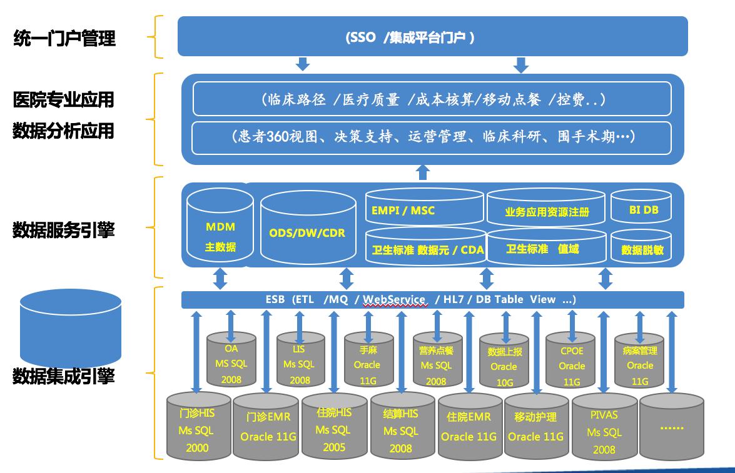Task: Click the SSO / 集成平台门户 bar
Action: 432,36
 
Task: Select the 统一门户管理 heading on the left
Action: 64,39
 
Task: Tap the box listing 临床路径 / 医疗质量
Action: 432,99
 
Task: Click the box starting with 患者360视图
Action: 432,137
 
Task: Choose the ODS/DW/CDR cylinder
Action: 307,232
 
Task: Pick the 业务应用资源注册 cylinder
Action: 546,211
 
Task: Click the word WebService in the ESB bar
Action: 394,299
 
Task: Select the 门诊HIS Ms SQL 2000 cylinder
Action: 197,429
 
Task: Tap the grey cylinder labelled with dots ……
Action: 672,428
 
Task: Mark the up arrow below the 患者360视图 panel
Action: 423,172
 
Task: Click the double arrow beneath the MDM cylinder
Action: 220,278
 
